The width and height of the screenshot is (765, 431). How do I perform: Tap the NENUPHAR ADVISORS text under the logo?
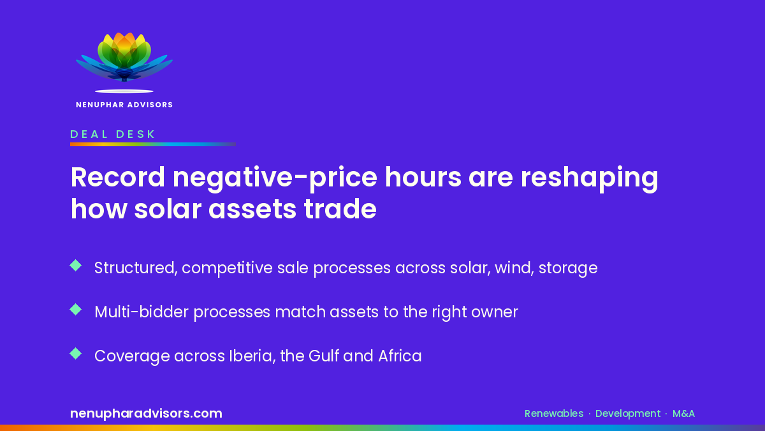tap(124, 105)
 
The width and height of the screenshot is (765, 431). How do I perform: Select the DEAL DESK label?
tap(113, 134)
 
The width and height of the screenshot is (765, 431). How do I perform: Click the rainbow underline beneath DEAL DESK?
tap(153, 144)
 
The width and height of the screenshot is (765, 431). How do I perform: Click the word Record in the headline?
tap(118, 178)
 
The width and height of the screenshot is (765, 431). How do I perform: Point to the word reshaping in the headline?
tap(589, 179)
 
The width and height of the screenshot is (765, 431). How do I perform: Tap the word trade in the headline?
tap(340, 209)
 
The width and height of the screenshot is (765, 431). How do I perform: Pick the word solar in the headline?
tap(167, 209)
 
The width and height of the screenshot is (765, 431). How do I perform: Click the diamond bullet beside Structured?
tap(75, 266)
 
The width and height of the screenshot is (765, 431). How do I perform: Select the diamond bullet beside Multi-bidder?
tap(75, 310)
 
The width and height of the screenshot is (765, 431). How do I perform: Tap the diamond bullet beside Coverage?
tap(75, 354)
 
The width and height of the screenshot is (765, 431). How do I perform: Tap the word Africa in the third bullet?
tap(400, 356)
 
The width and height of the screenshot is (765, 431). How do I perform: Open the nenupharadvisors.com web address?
tap(146, 414)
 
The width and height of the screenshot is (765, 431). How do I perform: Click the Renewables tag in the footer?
tap(554, 414)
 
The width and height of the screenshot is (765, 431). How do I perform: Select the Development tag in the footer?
tap(628, 414)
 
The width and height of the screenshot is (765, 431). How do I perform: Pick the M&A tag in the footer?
tap(683, 414)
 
